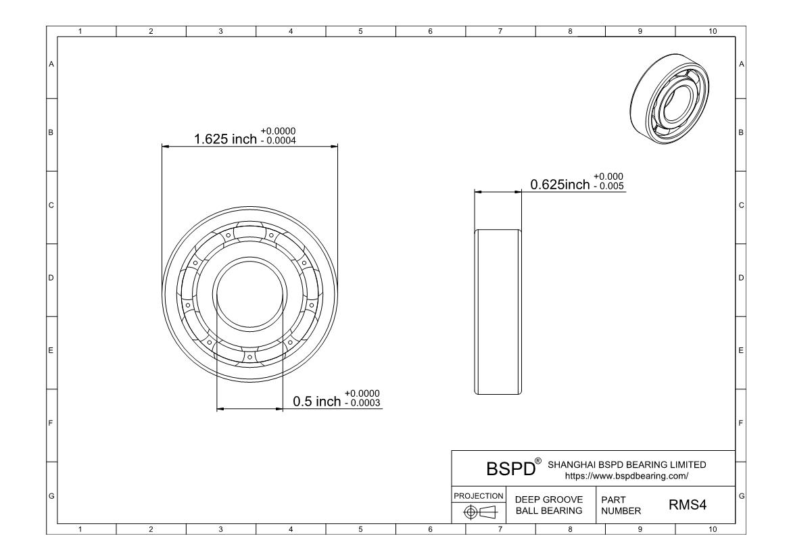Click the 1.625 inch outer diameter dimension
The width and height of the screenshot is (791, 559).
226,139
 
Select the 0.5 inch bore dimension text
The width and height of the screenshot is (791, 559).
317,402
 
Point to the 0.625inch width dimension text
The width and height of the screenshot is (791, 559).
560,185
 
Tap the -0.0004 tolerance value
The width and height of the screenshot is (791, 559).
279,141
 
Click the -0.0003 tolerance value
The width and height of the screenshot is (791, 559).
362,403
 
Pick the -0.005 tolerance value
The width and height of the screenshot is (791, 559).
609,186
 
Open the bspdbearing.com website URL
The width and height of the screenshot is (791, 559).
627,476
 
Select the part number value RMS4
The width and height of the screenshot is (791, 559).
688,504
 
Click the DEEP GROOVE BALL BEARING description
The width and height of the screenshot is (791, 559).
549,505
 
